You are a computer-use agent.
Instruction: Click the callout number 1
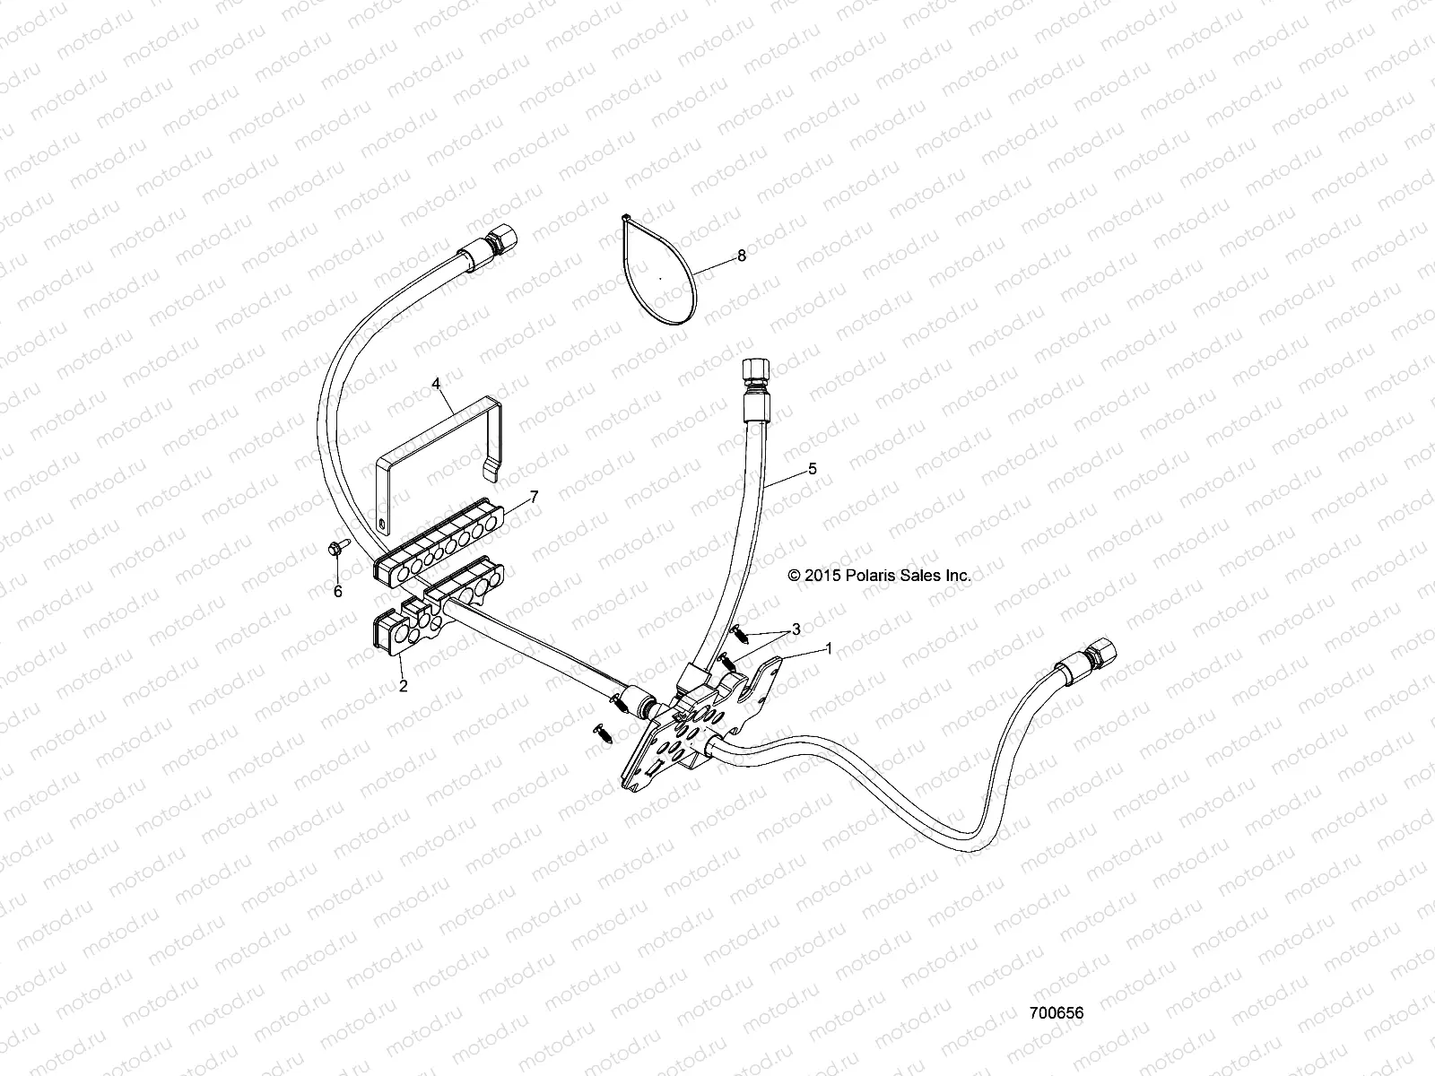[829, 646]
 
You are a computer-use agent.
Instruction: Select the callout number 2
[403, 686]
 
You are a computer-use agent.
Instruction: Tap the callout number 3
[795, 628]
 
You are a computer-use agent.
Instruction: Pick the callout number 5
[813, 468]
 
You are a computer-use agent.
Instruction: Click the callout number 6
[338, 592]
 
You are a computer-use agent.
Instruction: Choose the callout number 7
[534, 496]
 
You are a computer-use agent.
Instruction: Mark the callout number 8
[741, 256]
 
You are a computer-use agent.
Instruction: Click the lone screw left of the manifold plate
[602, 732]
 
